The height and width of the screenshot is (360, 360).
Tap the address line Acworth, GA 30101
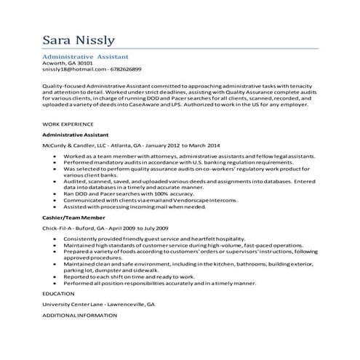point(68,63)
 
